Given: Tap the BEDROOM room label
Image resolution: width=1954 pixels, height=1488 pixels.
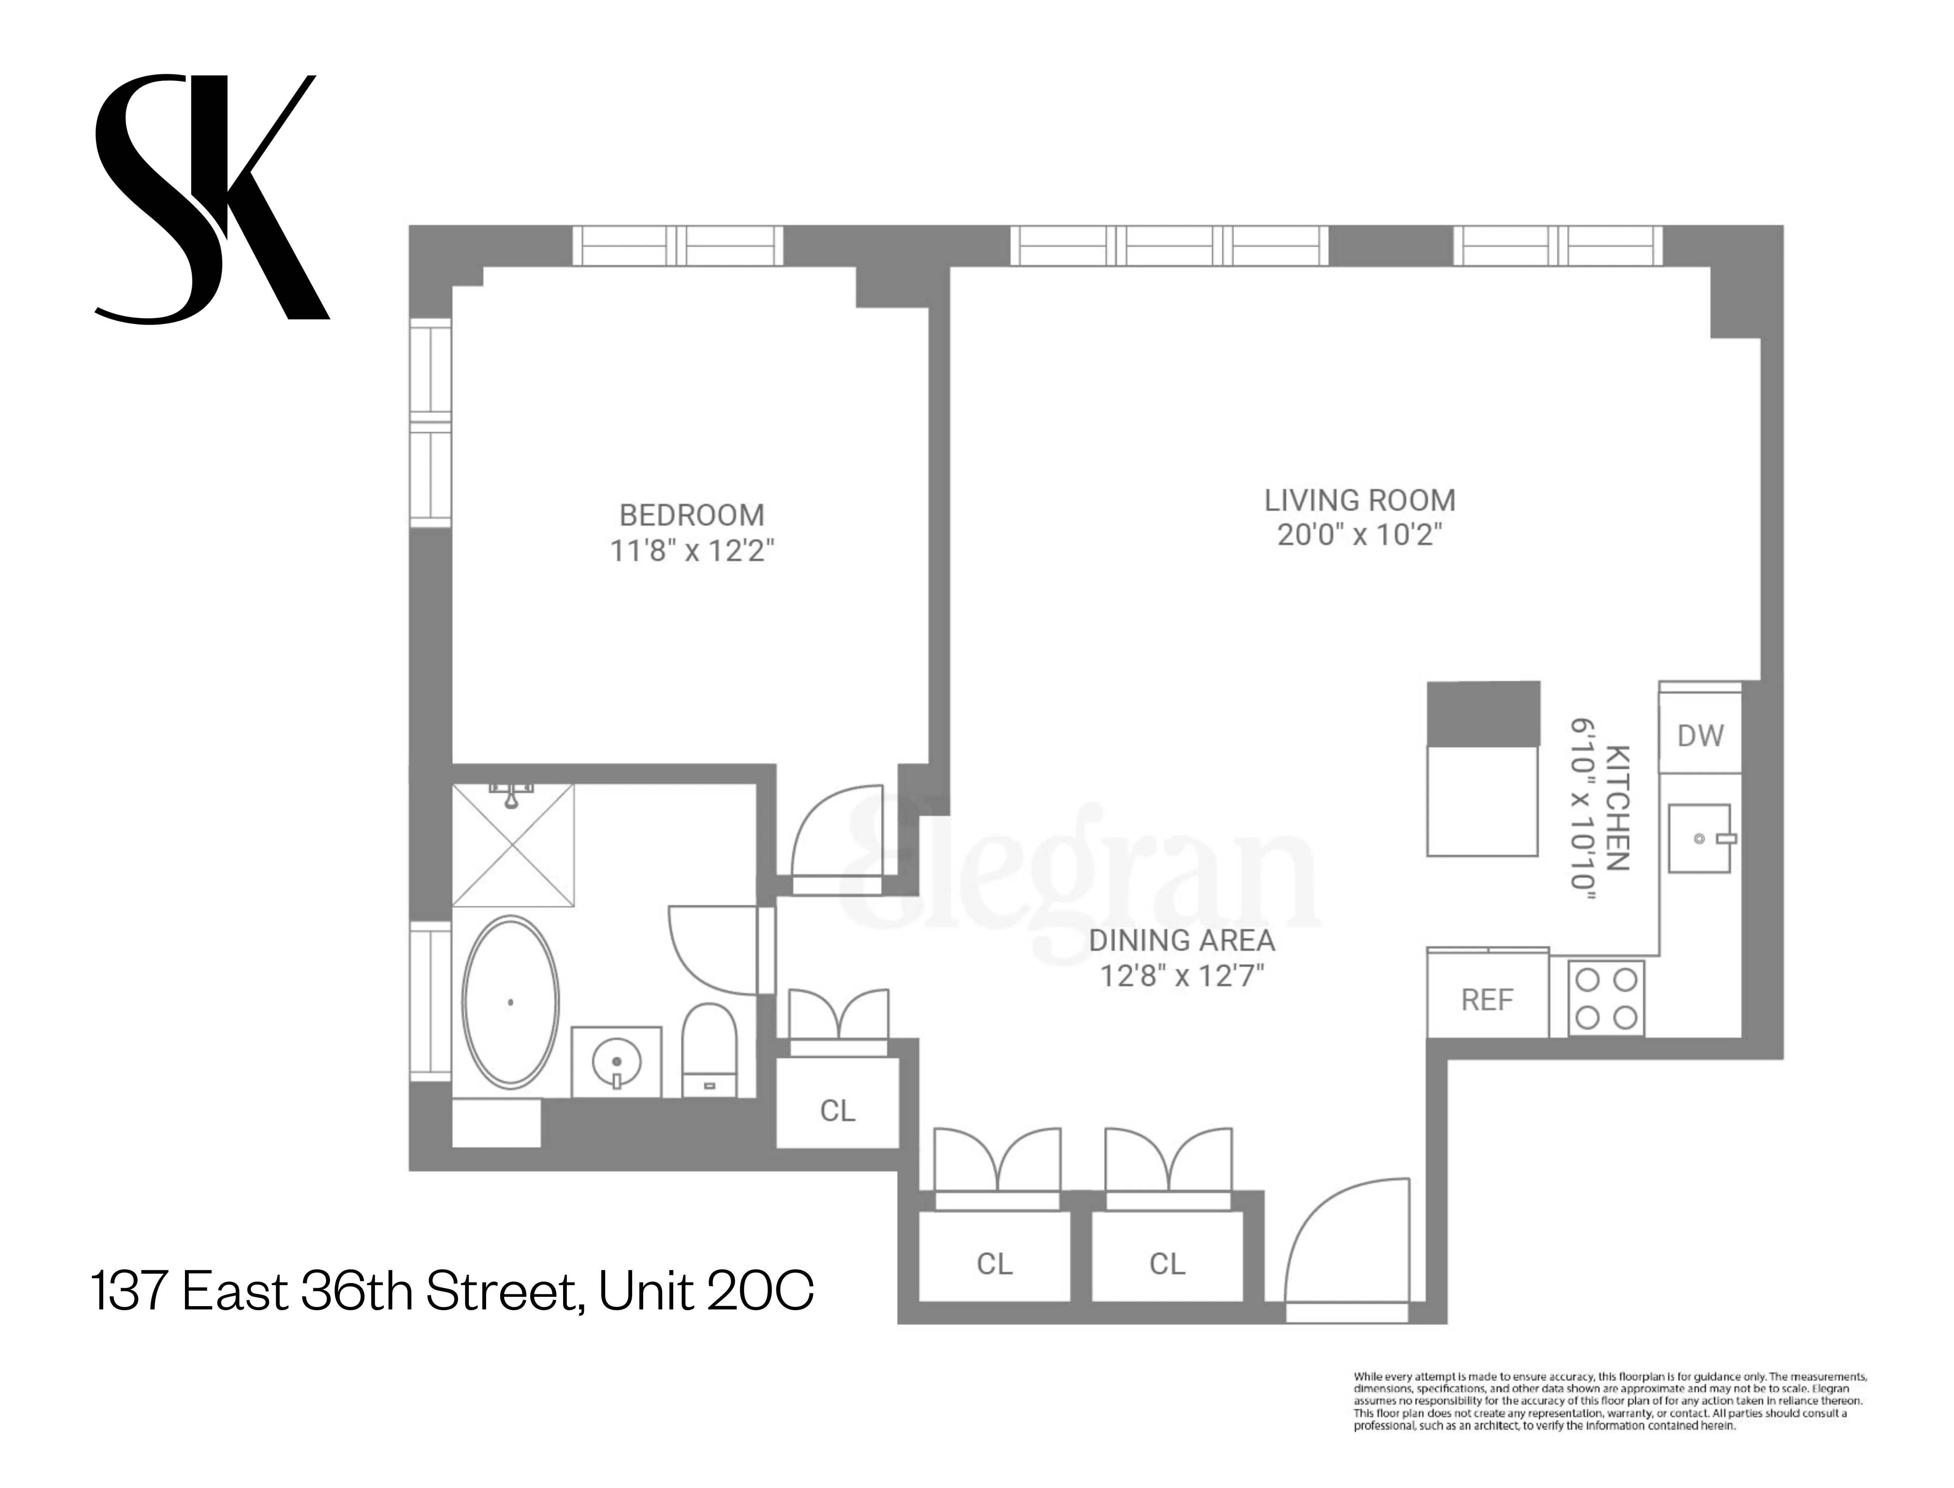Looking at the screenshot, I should pos(691,514).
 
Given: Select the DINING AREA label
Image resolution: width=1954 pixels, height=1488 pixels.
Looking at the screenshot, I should pos(1181,940).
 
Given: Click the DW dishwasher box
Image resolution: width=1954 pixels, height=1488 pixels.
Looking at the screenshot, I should pos(1700,735).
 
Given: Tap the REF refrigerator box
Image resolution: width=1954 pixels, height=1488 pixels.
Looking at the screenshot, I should pos(1487,1000).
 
